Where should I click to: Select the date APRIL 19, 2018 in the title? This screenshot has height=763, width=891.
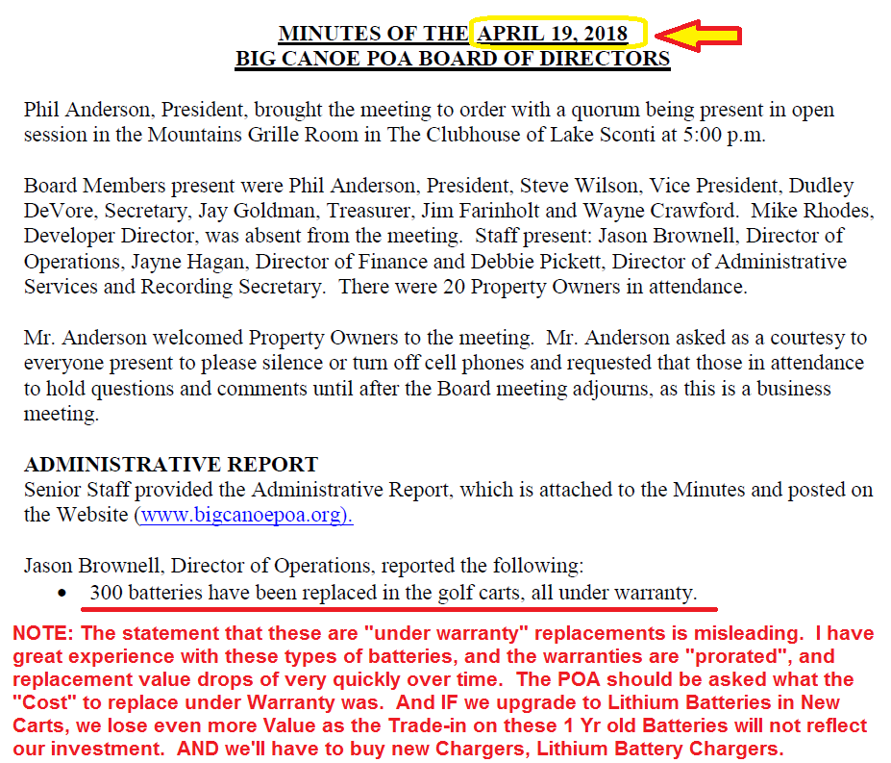pos(554,35)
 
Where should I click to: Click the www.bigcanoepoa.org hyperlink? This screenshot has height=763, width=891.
pos(244,515)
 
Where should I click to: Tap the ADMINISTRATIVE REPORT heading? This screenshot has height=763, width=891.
pos(170,466)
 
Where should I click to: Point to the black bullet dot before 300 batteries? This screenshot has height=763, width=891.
pos(63,594)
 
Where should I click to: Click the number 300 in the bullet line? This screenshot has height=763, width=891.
pos(106,593)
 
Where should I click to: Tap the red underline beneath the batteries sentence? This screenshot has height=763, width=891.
pos(399,609)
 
